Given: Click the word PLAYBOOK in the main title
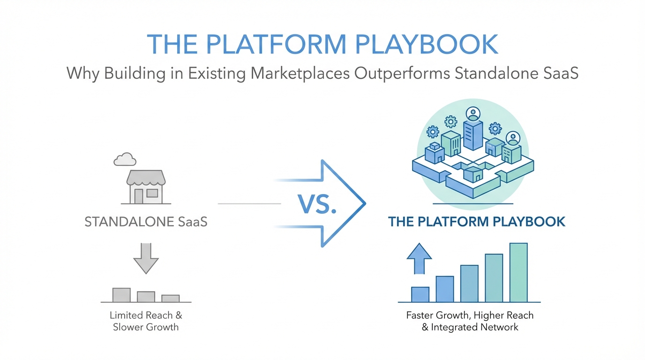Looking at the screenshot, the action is (x=427, y=45).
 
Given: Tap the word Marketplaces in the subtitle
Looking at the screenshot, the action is (x=300, y=73).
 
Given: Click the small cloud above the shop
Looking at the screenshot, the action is (x=125, y=159).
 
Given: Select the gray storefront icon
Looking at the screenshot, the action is (x=146, y=187).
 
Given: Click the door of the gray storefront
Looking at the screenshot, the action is (x=138, y=196).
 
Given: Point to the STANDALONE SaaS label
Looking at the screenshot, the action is (x=146, y=222).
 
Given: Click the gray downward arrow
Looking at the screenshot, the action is (x=146, y=258).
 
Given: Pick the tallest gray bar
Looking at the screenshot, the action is (x=121, y=295).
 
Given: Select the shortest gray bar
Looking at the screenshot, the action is (x=171, y=299).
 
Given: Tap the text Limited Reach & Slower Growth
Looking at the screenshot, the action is (x=146, y=321).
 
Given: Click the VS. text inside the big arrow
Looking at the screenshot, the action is (x=317, y=204).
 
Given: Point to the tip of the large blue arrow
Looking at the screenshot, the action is (x=366, y=203).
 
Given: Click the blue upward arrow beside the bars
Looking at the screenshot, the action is (x=419, y=259).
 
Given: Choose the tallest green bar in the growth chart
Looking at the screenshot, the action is (x=518, y=272).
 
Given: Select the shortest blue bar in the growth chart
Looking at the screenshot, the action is (x=420, y=294).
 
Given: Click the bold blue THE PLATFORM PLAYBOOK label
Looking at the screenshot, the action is (x=477, y=222).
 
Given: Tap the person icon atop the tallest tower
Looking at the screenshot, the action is (x=473, y=114).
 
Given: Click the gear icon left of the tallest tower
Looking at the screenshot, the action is (x=451, y=122).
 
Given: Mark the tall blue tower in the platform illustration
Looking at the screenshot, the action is (x=473, y=135).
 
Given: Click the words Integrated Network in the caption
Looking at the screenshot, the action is (x=474, y=328).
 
